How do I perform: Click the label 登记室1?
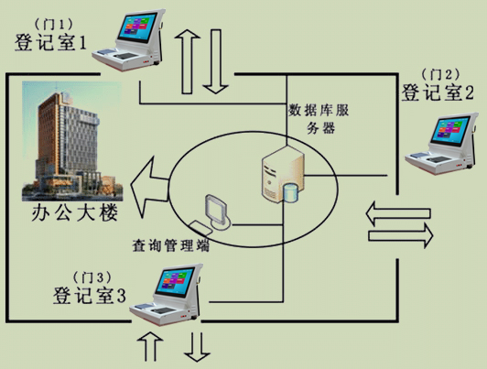point(50,42)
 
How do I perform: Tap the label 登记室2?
point(438,92)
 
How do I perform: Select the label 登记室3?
point(90,296)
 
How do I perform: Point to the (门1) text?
point(54,24)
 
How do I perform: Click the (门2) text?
point(440,74)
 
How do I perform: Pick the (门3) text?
point(92,277)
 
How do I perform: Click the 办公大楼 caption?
point(75,212)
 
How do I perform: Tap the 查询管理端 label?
point(170,245)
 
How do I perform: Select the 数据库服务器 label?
point(319,119)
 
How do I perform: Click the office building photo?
point(72,141)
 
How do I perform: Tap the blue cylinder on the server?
point(291,193)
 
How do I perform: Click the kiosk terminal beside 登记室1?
point(128,39)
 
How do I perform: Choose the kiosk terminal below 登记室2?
point(441,144)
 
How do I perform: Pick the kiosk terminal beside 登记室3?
point(167,295)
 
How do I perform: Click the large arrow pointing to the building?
point(150,188)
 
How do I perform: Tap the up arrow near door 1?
point(188,61)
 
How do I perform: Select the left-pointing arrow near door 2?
point(398,213)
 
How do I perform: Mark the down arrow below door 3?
point(197,347)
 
